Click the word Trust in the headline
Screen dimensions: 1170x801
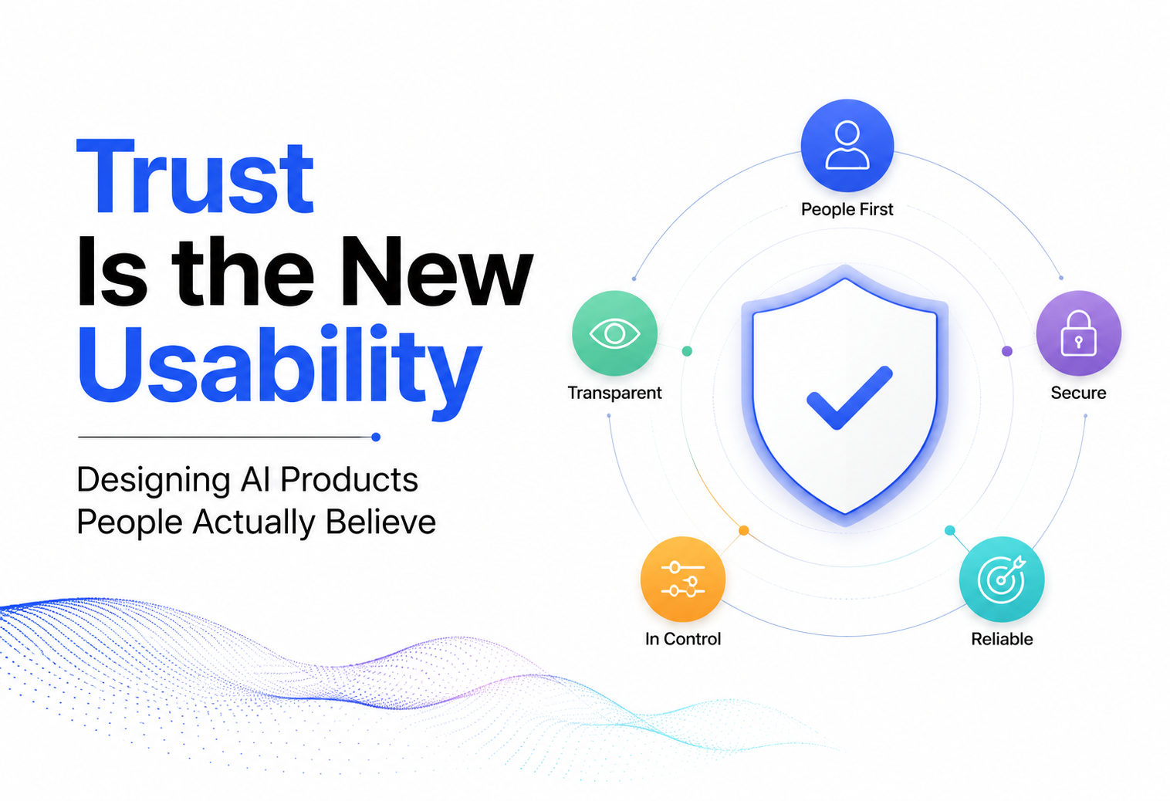pos(194,177)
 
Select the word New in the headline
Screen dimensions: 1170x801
pos(436,271)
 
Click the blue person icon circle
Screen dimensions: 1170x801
pos(847,145)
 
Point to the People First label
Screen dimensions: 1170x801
pos(847,209)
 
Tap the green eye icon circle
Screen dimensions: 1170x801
pos(615,333)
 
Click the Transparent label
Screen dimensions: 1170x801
pos(615,393)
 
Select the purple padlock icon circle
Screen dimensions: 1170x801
pos(1079,333)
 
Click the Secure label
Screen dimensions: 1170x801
pos(1079,393)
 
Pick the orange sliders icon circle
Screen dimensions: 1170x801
pos(683,579)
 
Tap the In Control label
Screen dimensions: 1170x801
pos(683,639)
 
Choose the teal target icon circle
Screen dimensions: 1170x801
pos(1002,579)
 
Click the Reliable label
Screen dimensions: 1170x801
pos(1002,639)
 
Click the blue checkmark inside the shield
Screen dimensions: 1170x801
pos(849,398)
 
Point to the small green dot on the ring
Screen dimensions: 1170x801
pos(688,351)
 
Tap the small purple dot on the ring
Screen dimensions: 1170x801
pos(1007,351)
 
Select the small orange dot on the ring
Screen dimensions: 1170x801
pos(744,530)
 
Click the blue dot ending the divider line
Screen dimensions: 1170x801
pos(376,437)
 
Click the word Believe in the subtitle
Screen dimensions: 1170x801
pos(380,522)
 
